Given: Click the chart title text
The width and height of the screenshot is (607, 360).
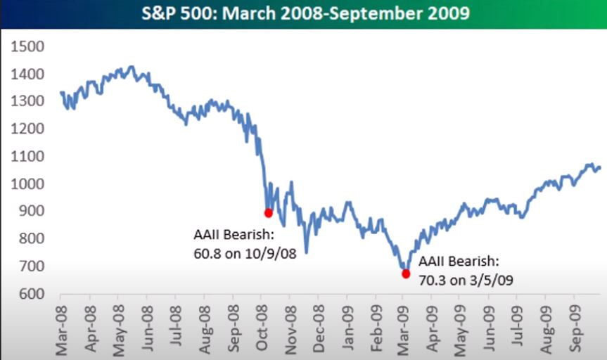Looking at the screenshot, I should pyautogui.click(x=303, y=13).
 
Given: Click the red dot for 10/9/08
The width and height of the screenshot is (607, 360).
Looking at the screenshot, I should pyautogui.click(x=268, y=212).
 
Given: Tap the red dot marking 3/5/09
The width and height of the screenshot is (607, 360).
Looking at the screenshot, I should pyautogui.click(x=406, y=274).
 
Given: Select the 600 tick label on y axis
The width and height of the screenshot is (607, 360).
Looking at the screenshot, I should pyautogui.click(x=32, y=293).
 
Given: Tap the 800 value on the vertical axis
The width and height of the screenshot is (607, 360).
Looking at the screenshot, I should pyautogui.click(x=32, y=238).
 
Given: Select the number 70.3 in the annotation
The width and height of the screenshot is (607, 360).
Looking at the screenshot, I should pyautogui.click(x=432, y=278).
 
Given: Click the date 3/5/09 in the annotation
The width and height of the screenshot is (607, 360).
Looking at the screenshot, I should pyautogui.click(x=490, y=278).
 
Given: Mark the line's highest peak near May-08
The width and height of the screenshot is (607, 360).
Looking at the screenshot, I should pyautogui.click(x=129, y=67).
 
